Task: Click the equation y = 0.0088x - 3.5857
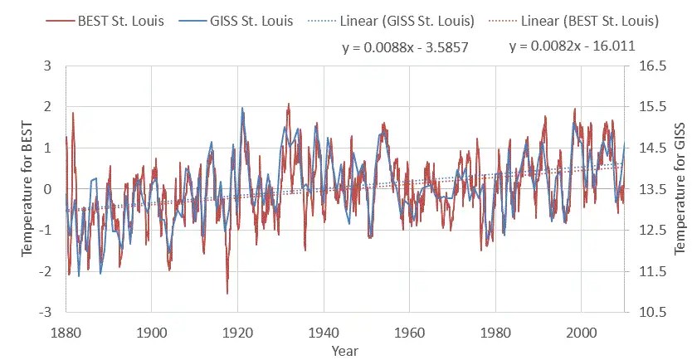(406, 48)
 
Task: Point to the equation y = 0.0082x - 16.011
(572, 46)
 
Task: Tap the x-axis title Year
(344, 351)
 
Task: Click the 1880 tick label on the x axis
(66, 331)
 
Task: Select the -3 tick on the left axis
(47, 313)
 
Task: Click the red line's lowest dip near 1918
(227, 293)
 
